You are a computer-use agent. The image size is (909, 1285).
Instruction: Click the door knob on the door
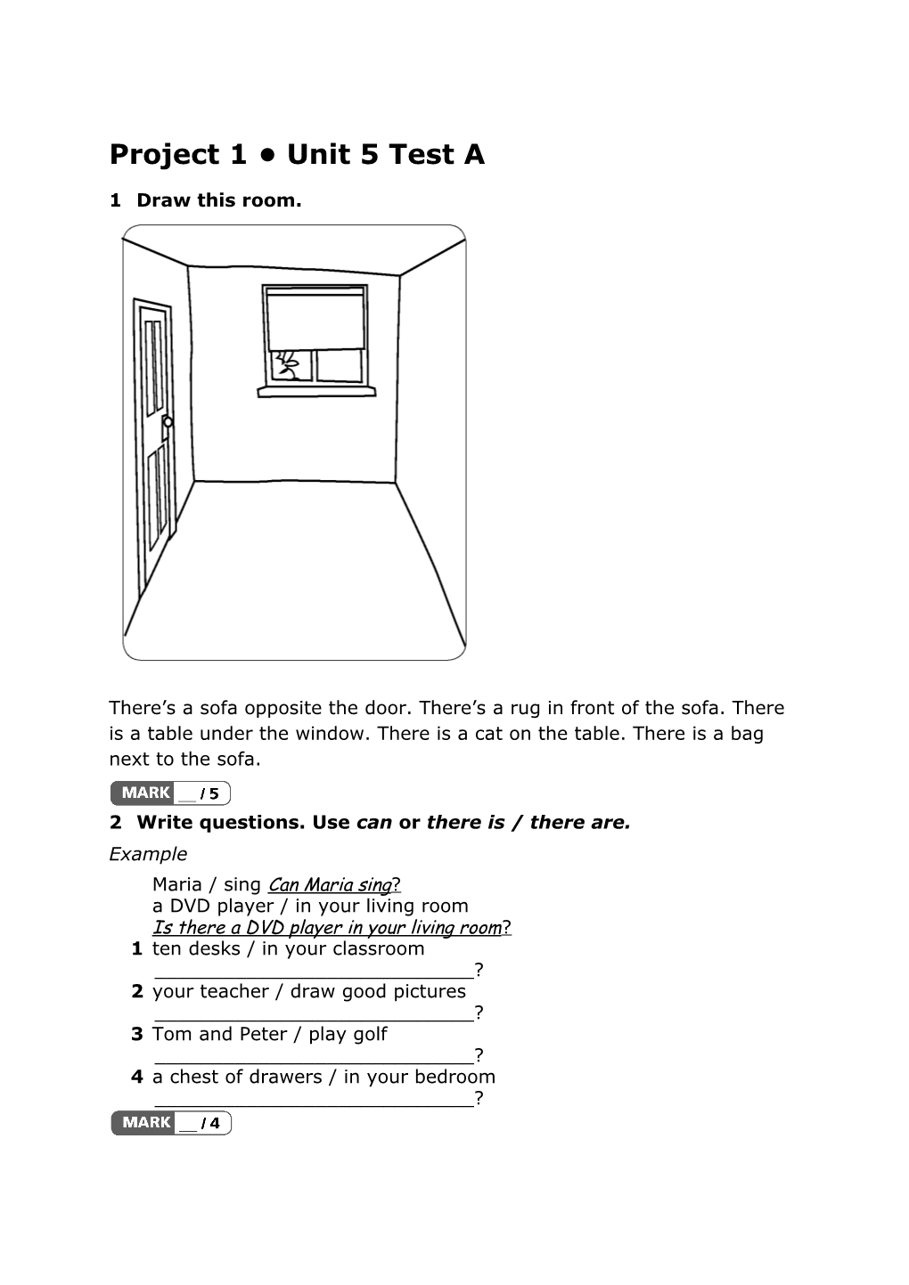click(168, 421)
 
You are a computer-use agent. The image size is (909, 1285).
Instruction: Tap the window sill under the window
click(316, 390)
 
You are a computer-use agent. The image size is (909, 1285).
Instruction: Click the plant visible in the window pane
click(288, 364)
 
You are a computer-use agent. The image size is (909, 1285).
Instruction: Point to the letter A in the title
click(474, 155)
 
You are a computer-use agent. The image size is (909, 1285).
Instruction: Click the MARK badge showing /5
click(170, 793)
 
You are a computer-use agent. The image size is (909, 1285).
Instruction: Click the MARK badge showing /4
click(171, 1123)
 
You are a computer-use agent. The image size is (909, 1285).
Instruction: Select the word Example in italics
click(148, 854)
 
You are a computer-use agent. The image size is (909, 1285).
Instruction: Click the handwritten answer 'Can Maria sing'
click(330, 885)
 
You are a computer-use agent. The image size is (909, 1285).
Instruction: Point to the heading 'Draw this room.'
click(218, 200)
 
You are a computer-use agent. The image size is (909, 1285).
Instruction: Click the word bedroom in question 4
click(454, 1078)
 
